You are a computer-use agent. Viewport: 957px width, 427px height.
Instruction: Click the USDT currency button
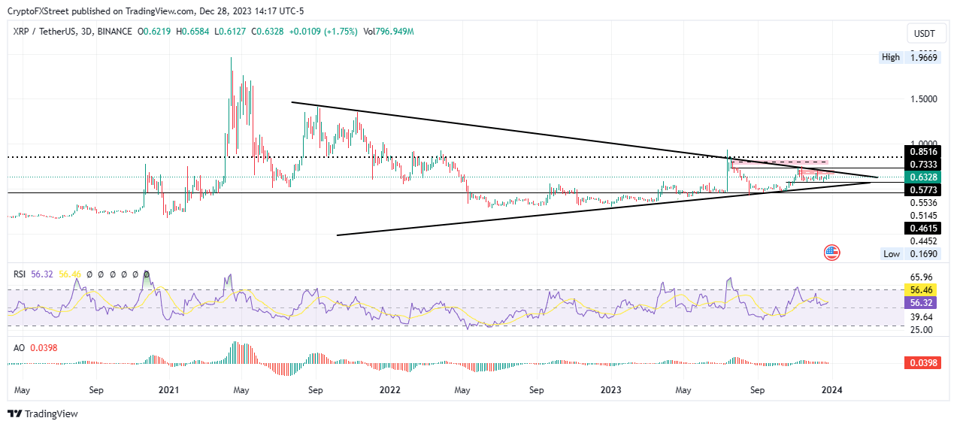(923, 33)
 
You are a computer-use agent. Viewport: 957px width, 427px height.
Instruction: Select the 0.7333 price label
(924, 164)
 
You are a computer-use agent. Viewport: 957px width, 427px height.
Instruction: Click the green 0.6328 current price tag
(924, 177)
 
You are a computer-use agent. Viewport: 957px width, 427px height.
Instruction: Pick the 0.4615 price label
(924, 227)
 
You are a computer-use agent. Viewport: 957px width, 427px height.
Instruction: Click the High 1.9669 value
(923, 57)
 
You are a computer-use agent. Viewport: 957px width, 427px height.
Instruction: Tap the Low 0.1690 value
(923, 253)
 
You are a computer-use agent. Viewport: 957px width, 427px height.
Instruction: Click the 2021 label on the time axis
(169, 391)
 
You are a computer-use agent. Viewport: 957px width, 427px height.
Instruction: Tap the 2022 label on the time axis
(389, 391)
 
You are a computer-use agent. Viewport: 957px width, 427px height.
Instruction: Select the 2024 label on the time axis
(831, 391)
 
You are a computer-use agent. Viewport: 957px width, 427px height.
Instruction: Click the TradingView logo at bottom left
(43, 413)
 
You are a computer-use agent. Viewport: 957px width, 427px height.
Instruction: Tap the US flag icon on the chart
(831, 253)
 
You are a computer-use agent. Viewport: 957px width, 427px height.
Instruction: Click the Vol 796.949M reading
(389, 32)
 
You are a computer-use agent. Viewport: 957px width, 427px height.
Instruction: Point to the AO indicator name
(20, 347)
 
